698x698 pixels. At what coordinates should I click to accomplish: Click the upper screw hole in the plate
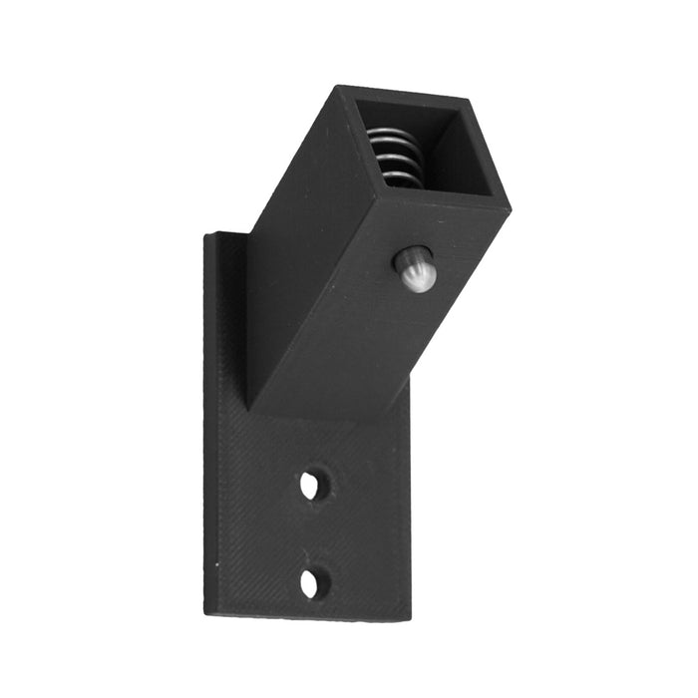click(x=310, y=485)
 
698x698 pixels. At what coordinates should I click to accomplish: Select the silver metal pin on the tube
click(x=415, y=269)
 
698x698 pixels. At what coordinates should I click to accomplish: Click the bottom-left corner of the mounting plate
click(x=206, y=611)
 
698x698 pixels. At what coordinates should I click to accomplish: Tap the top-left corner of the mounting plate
click(x=206, y=235)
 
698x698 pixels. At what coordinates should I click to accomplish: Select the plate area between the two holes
click(x=311, y=534)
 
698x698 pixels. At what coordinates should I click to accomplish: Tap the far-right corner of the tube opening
click(x=510, y=208)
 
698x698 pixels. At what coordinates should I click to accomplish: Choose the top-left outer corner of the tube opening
click(x=339, y=87)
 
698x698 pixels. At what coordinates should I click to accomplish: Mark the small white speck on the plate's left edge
click(x=216, y=565)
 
